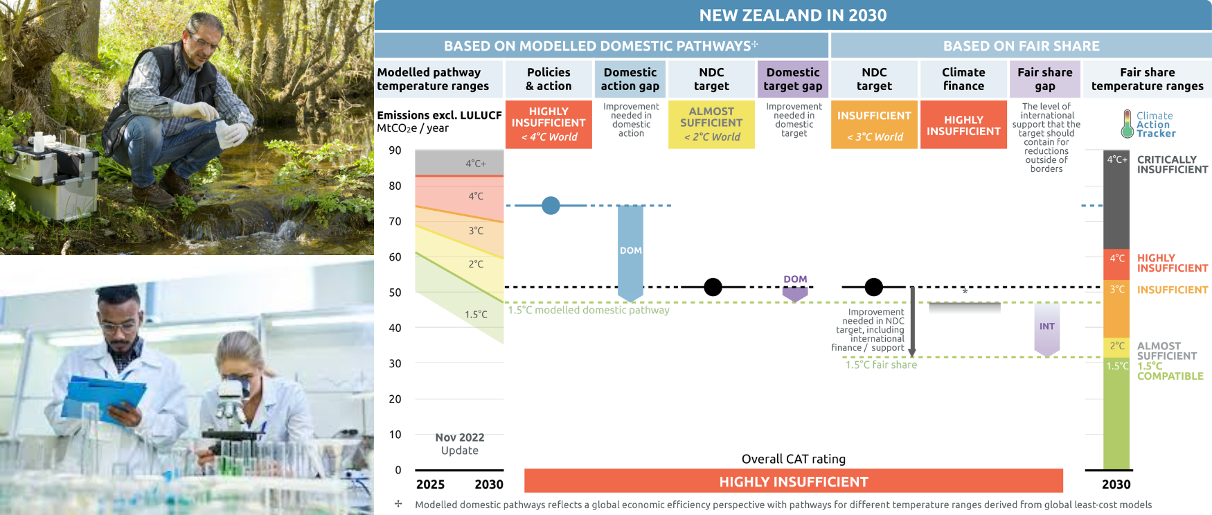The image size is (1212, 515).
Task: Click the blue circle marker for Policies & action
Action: (551, 206)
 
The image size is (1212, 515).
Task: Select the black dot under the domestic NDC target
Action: (713, 287)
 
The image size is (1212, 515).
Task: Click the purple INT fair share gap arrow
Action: (1046, 327)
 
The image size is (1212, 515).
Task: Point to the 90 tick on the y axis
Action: (395, 150)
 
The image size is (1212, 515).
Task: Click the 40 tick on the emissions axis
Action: (395, 328)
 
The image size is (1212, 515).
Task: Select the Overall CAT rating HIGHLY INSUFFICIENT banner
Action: (793, 481)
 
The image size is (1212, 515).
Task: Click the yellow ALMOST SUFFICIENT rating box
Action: (711, 124)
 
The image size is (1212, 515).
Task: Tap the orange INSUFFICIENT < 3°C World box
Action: (874, 124)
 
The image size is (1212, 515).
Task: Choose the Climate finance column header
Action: (963, 79)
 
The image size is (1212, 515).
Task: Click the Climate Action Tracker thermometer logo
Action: (1128, 124)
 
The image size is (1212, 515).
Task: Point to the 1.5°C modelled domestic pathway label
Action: (589, 310)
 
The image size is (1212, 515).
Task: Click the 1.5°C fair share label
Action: (881, 365)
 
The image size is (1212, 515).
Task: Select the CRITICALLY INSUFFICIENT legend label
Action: (1172, 164)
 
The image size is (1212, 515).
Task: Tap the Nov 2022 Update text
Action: (460, 444)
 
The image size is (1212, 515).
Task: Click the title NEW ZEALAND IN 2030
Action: (792, 15)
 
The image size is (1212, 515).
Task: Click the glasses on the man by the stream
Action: (204, 42)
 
